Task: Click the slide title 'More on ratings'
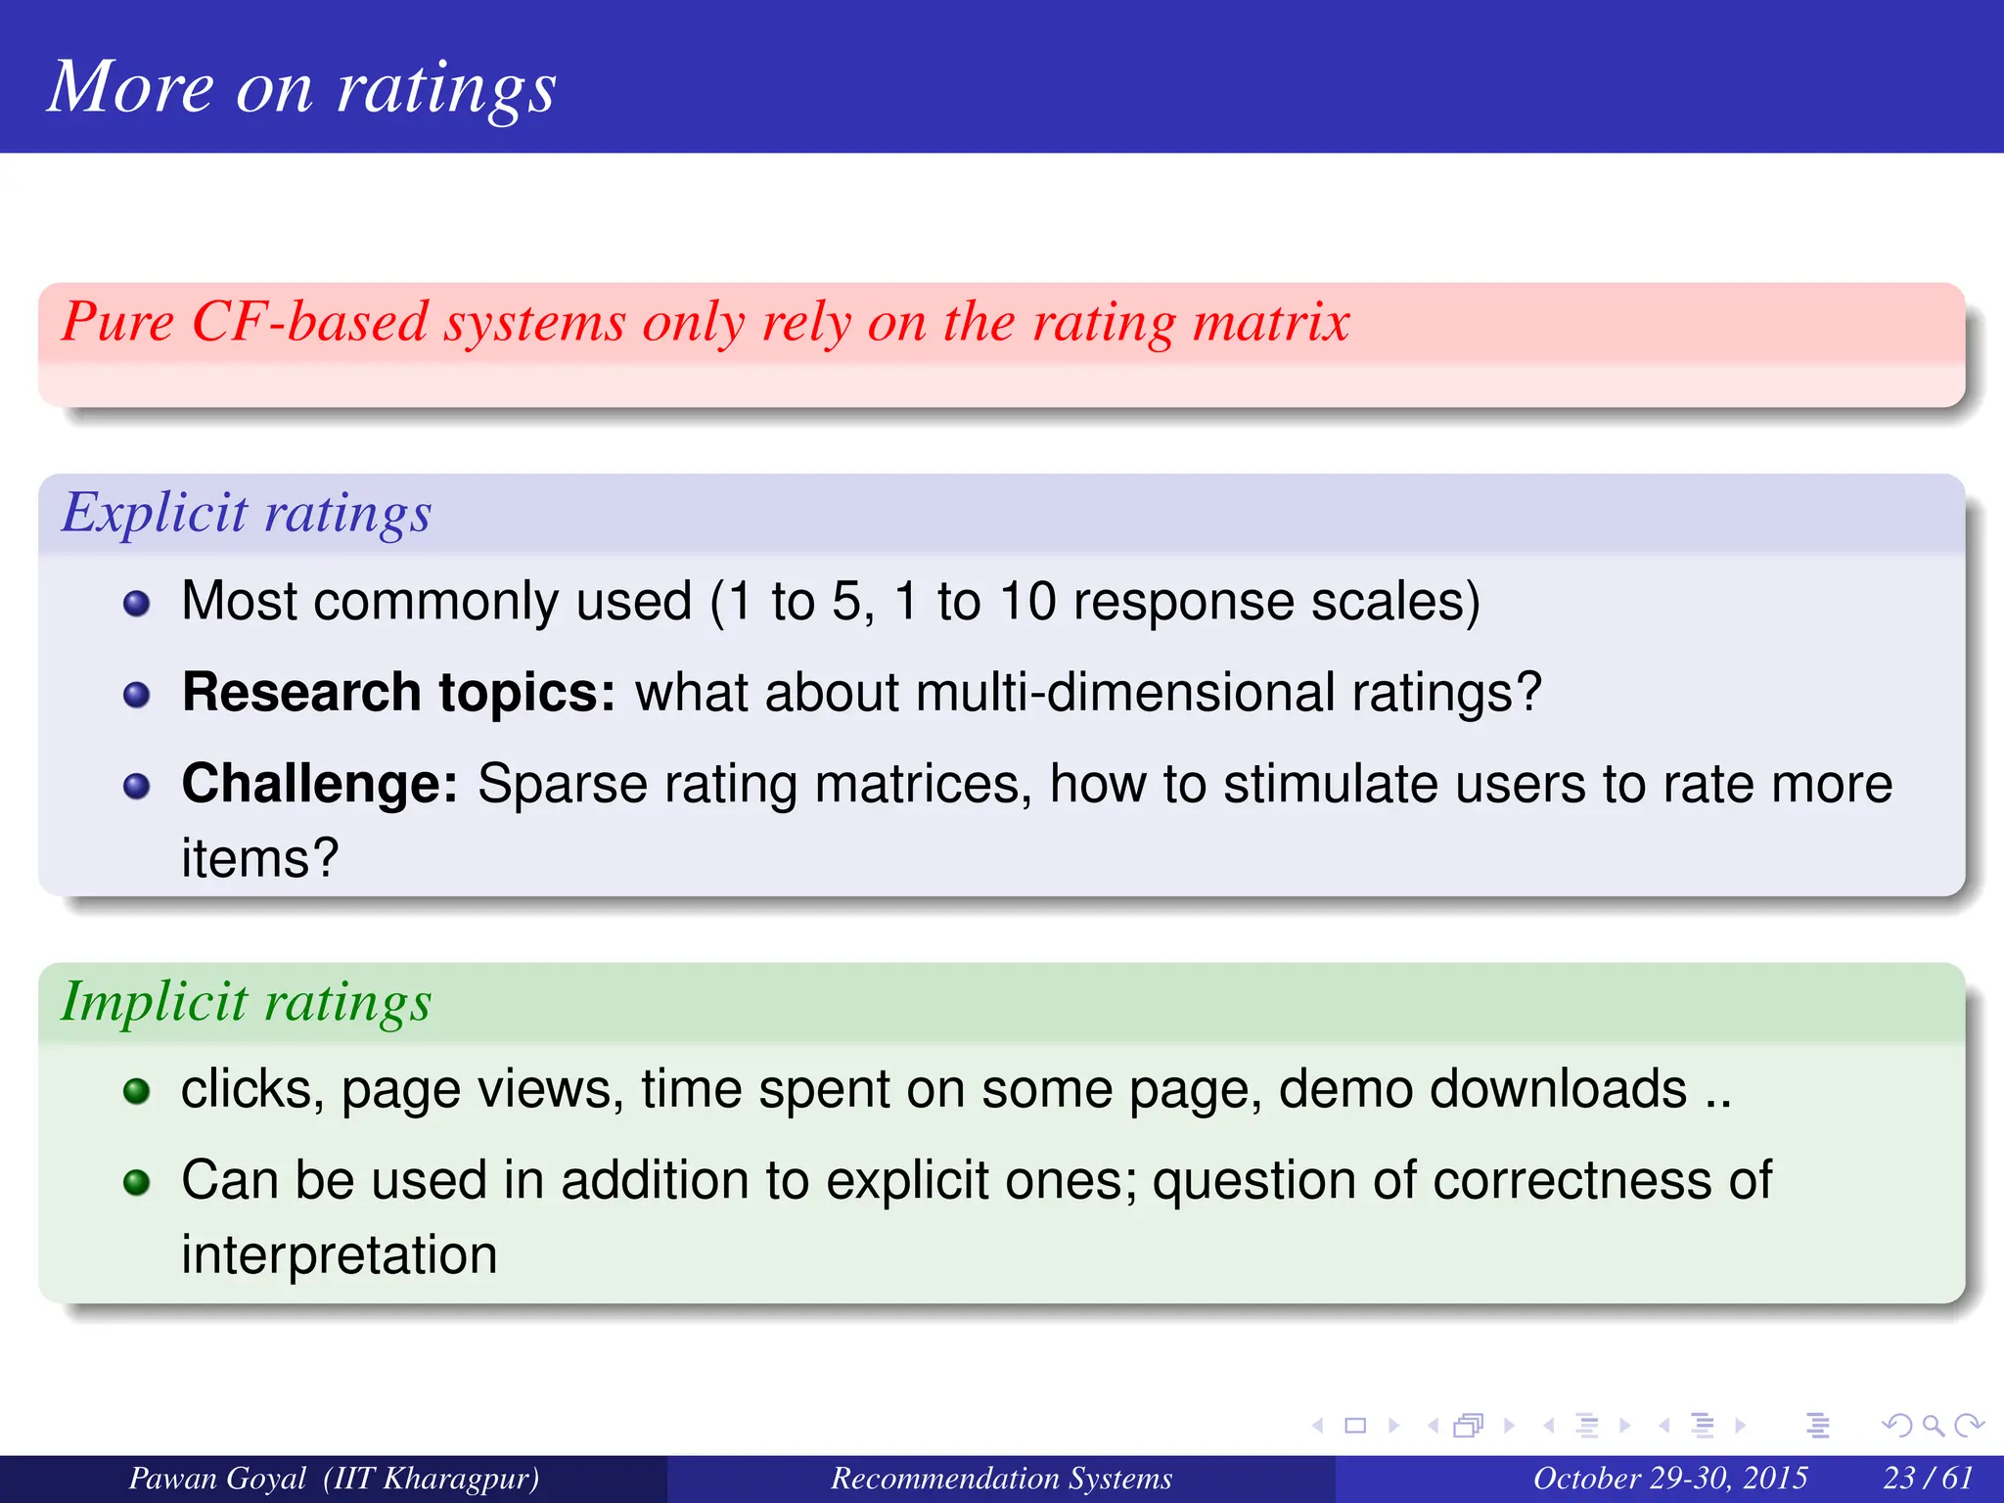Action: [301, 88]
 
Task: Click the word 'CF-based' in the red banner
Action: [310, 322]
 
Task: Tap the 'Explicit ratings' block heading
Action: [247, 514]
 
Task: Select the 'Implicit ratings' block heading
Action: [247, 1003]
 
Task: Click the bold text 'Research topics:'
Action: [398, 693]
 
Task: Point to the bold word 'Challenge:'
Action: [320, 785]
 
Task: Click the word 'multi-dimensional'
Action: [1125, 693]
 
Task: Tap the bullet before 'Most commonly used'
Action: [137, 604]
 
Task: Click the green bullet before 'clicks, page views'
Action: [137, 1091]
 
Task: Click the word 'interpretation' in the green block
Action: [340, 1255]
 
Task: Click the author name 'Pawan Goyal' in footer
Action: [217, 1478]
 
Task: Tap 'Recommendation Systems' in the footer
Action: [1001, 1478]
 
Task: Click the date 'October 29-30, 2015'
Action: [1669, 1478]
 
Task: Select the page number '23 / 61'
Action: [1928, 1478]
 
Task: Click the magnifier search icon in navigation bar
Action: [1932, 1426]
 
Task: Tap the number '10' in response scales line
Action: [1027, 602]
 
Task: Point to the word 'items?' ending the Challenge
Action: [259, 859]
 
